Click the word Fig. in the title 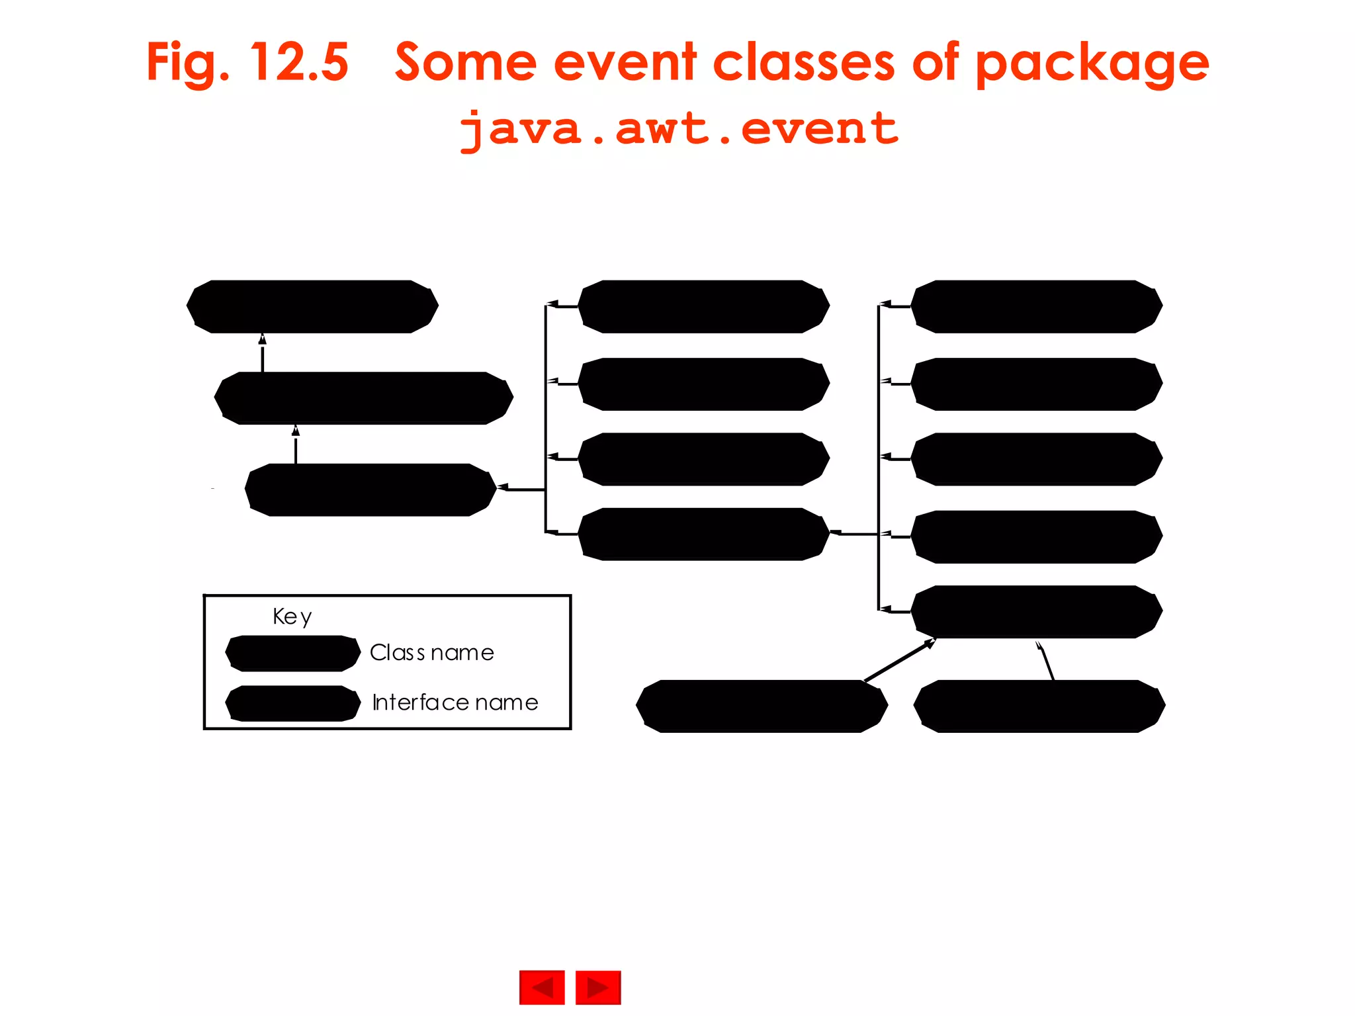188,63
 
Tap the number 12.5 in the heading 299,63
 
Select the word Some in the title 465,63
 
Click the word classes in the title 804,63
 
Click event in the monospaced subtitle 820,129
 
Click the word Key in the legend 292,616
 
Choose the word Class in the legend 397,653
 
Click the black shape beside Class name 292,654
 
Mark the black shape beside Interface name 292,703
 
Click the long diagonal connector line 898,660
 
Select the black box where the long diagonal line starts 761,706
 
